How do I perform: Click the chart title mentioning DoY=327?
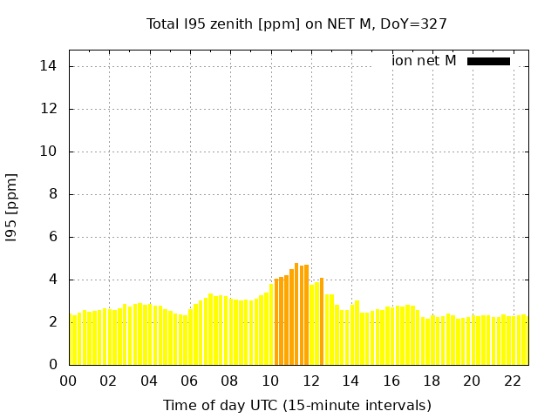pos(296,24)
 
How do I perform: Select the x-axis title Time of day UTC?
pos(296,406)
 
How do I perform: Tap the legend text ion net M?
pos(424,61)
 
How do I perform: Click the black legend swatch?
pos(488,61)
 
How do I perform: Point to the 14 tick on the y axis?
pos(51,66)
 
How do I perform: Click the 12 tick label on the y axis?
pos(51,109)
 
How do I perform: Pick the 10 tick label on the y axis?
pos(51,152)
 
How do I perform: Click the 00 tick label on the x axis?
pos(69,381)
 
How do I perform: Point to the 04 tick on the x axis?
pos(149,381)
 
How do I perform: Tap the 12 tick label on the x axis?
pos(310,381)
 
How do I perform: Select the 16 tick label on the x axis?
pos(391,381)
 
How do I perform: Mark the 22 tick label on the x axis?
pos(512,381)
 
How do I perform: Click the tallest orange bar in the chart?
pos(296,313)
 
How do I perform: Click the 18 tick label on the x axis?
pos(432,381)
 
